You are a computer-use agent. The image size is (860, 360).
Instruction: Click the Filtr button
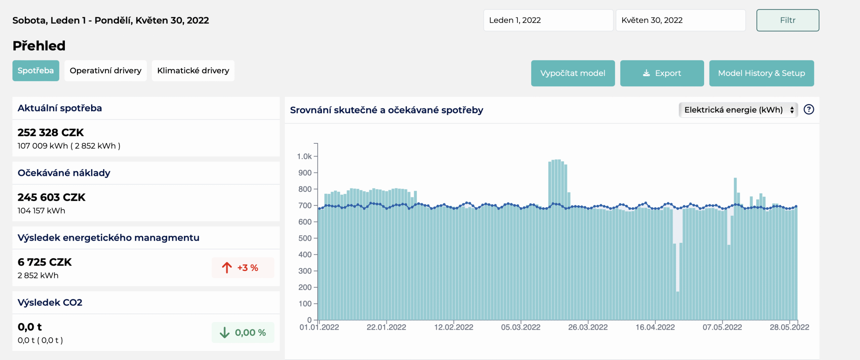[787, 20]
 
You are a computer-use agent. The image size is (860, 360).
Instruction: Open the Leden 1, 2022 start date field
[548, 20]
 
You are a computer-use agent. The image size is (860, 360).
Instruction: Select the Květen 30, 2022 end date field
[681, 20]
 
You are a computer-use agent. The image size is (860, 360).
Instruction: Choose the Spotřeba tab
[36, 71]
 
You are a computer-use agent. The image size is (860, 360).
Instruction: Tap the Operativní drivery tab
[105, 71]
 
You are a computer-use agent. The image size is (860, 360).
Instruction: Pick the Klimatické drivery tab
[193, 71]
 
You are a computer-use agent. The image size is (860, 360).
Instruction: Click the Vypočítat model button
[573, 73]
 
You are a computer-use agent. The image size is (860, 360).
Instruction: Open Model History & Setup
[762, 73]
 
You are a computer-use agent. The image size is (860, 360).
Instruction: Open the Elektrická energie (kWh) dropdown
[738, 110]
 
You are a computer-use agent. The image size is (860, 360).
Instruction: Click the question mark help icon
[809, 109]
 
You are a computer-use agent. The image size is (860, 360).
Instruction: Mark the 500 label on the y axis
[305, 238]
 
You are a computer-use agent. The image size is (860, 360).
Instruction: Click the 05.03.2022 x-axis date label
[521, 327]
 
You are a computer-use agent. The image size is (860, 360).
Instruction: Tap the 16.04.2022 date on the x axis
[655, 327]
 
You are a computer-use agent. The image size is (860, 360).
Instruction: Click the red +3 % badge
[243, 268]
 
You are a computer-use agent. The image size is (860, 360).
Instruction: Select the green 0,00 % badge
[243, 332]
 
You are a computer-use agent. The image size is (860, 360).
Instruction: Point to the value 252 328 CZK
[51, 133]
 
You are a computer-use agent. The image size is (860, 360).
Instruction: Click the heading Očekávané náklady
[64, 173]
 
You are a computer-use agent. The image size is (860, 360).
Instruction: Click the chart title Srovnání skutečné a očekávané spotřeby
[386, 110]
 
